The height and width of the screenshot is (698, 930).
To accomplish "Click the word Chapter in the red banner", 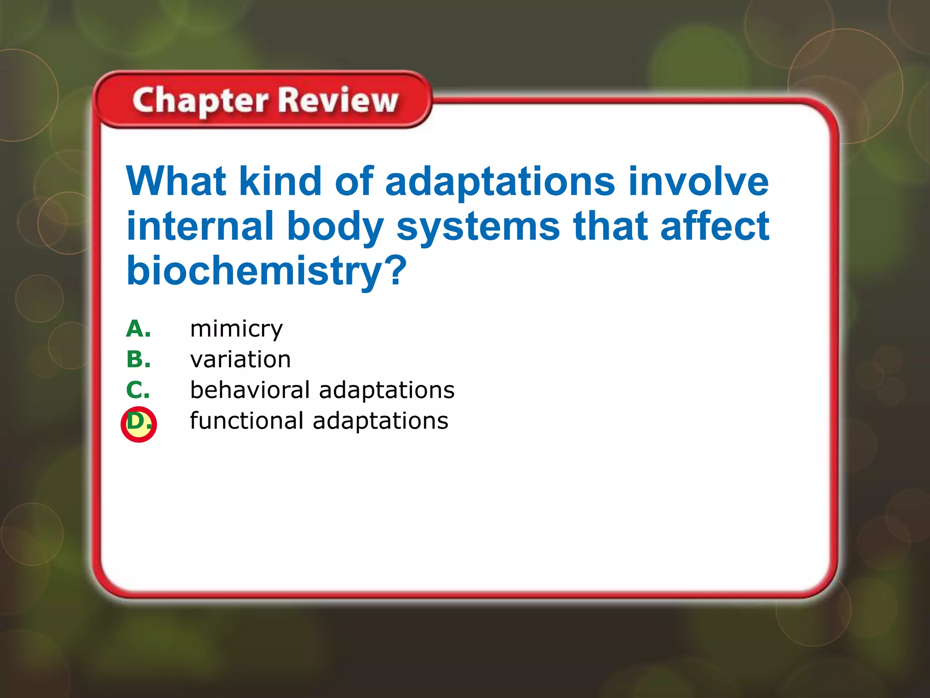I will click(200, 101).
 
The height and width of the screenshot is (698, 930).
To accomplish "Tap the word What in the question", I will click(176, 181).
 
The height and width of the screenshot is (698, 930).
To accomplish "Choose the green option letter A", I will click(138, 329).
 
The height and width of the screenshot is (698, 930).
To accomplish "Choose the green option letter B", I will click(138, 359).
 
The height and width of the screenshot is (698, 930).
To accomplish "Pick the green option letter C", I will click(138, 390).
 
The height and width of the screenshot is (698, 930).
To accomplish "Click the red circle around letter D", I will click(139, 424).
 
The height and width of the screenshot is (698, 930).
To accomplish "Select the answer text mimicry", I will click(236, 329).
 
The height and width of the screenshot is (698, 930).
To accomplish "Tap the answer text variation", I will click(240, 359).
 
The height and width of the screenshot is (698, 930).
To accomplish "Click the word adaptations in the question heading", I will click(500, 182).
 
